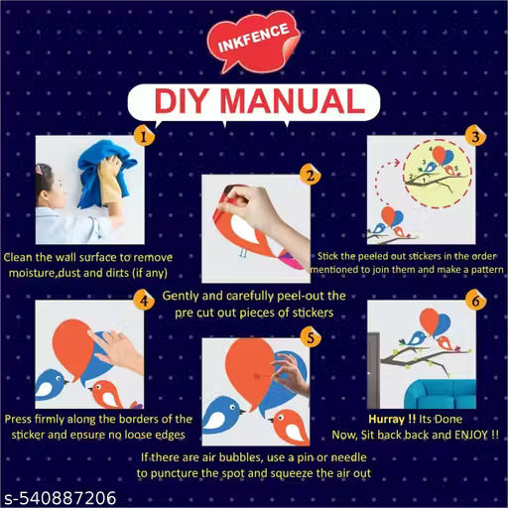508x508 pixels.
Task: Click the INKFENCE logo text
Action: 254,38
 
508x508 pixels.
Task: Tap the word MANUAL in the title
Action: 293,101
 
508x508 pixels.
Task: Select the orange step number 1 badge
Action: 144,136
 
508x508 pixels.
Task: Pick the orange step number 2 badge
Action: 311,175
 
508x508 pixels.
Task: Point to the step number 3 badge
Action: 475,136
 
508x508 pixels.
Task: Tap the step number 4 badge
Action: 144,301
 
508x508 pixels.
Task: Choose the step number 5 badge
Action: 311,337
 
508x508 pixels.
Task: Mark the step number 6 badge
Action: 475,301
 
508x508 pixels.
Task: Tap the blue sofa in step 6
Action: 440,394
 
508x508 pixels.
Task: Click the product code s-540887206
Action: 61,498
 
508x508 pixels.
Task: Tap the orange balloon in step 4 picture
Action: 73,347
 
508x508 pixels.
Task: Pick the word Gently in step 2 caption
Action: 181,296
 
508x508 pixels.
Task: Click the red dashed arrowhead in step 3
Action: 396,162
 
